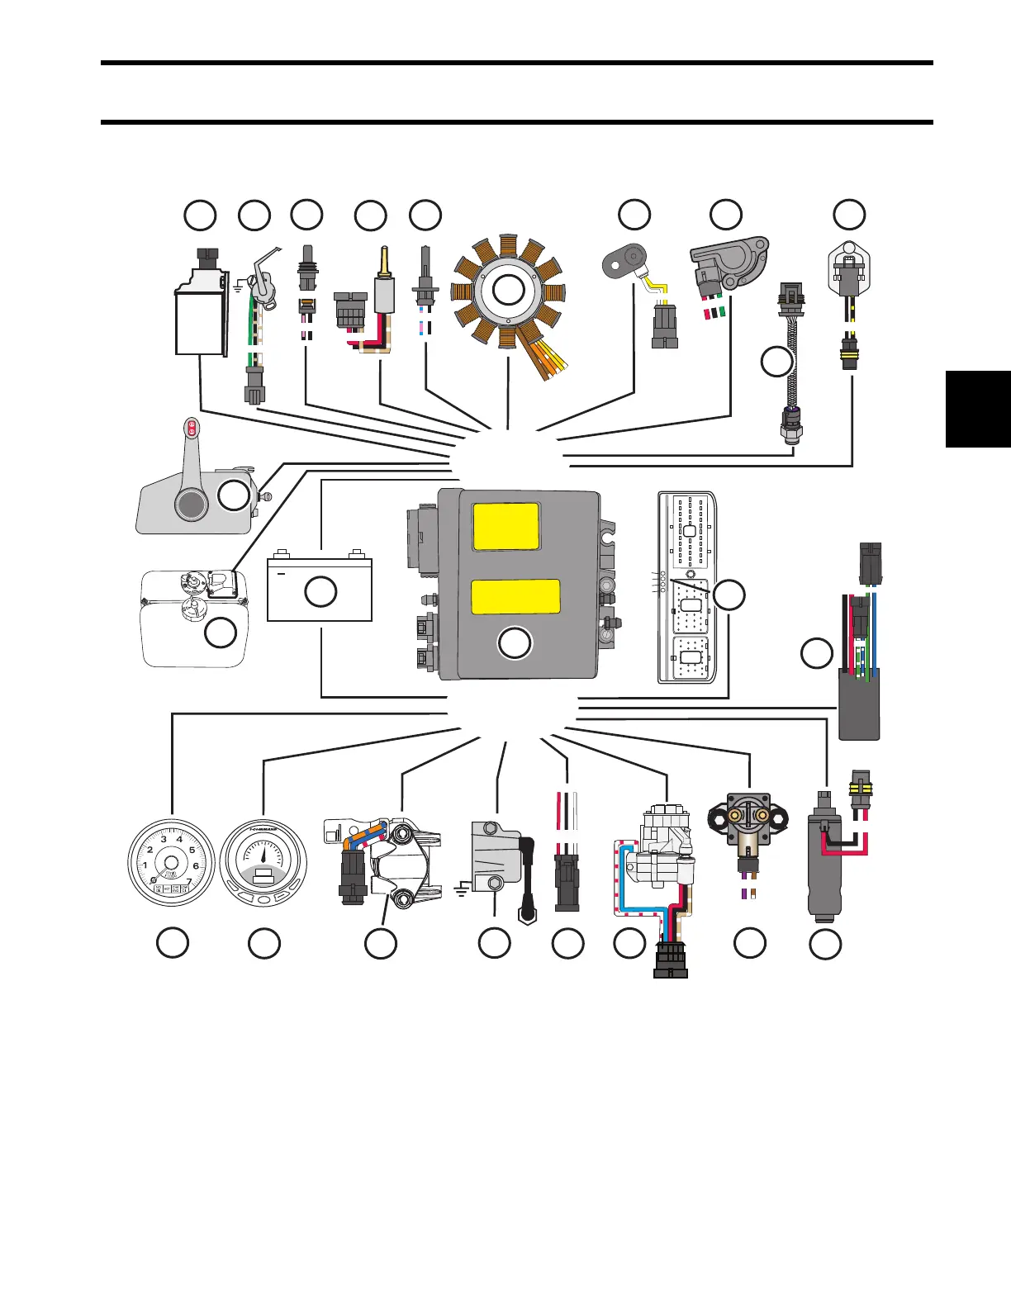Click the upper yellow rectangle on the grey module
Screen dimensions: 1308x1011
tap(505, 527)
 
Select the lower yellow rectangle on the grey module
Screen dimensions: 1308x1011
tap(515, 596)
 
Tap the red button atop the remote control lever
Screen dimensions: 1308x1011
tap(191, 427)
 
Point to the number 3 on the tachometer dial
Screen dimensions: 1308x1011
tap(164, 840)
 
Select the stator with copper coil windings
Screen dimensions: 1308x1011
tap(508, 291)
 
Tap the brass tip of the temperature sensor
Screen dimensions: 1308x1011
tap(383, 261)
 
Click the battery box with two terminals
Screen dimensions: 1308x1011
tap(320, 590)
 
